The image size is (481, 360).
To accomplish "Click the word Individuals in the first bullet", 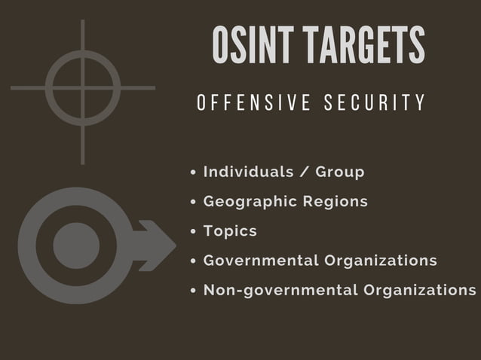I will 248,172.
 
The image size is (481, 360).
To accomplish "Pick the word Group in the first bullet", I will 340,172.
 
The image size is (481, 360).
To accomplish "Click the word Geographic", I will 250,202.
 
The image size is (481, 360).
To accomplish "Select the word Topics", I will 230,231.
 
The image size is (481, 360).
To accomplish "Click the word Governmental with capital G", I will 261,261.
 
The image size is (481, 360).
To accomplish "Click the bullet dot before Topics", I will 194,232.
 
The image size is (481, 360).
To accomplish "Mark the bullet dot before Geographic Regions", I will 194,202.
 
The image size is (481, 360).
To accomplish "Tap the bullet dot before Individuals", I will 194,172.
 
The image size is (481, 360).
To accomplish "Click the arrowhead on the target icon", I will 160,246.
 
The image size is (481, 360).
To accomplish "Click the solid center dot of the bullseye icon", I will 76,246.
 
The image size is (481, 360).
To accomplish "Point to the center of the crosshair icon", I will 82,88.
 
